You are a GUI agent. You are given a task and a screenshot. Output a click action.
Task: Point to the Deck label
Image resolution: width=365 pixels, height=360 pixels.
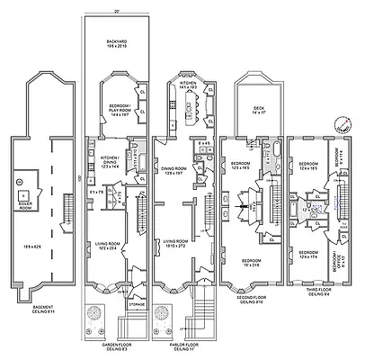(258, 111)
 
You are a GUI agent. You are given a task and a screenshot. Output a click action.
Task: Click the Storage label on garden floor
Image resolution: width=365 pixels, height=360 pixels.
(136, 305)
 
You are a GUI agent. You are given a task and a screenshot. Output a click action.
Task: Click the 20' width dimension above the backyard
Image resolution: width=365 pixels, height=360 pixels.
(116, 9)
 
